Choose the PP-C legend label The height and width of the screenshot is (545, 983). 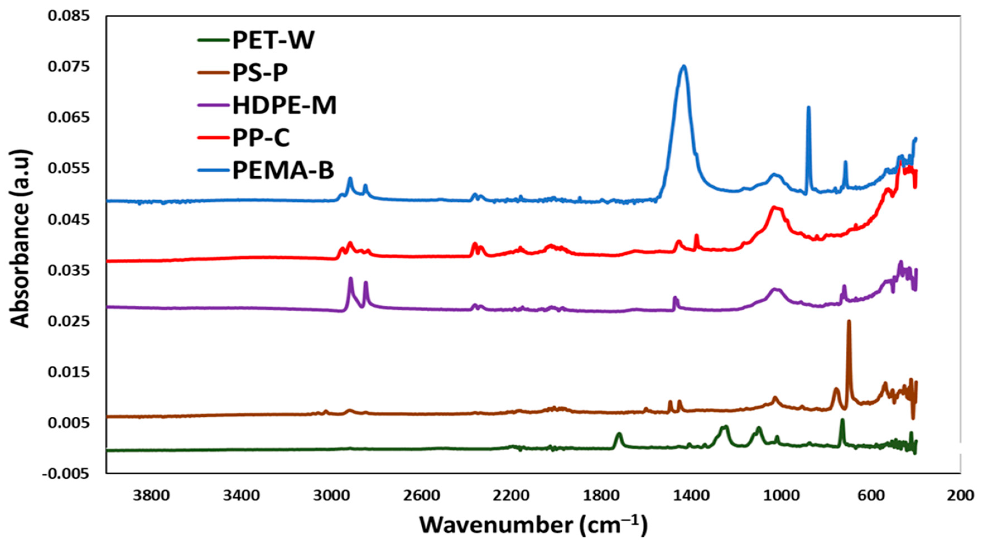point(261,138)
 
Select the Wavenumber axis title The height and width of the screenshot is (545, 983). point(533,525)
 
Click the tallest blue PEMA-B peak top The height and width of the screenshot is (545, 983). point(684,66)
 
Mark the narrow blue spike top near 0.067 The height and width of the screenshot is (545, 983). point(808,107)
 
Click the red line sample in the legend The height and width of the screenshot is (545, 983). point(214,138)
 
